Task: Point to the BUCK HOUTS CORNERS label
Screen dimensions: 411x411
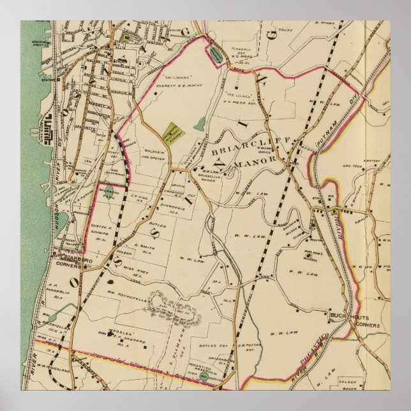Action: (353, 320)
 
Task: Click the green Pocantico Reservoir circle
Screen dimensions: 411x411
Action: (202, 377)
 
